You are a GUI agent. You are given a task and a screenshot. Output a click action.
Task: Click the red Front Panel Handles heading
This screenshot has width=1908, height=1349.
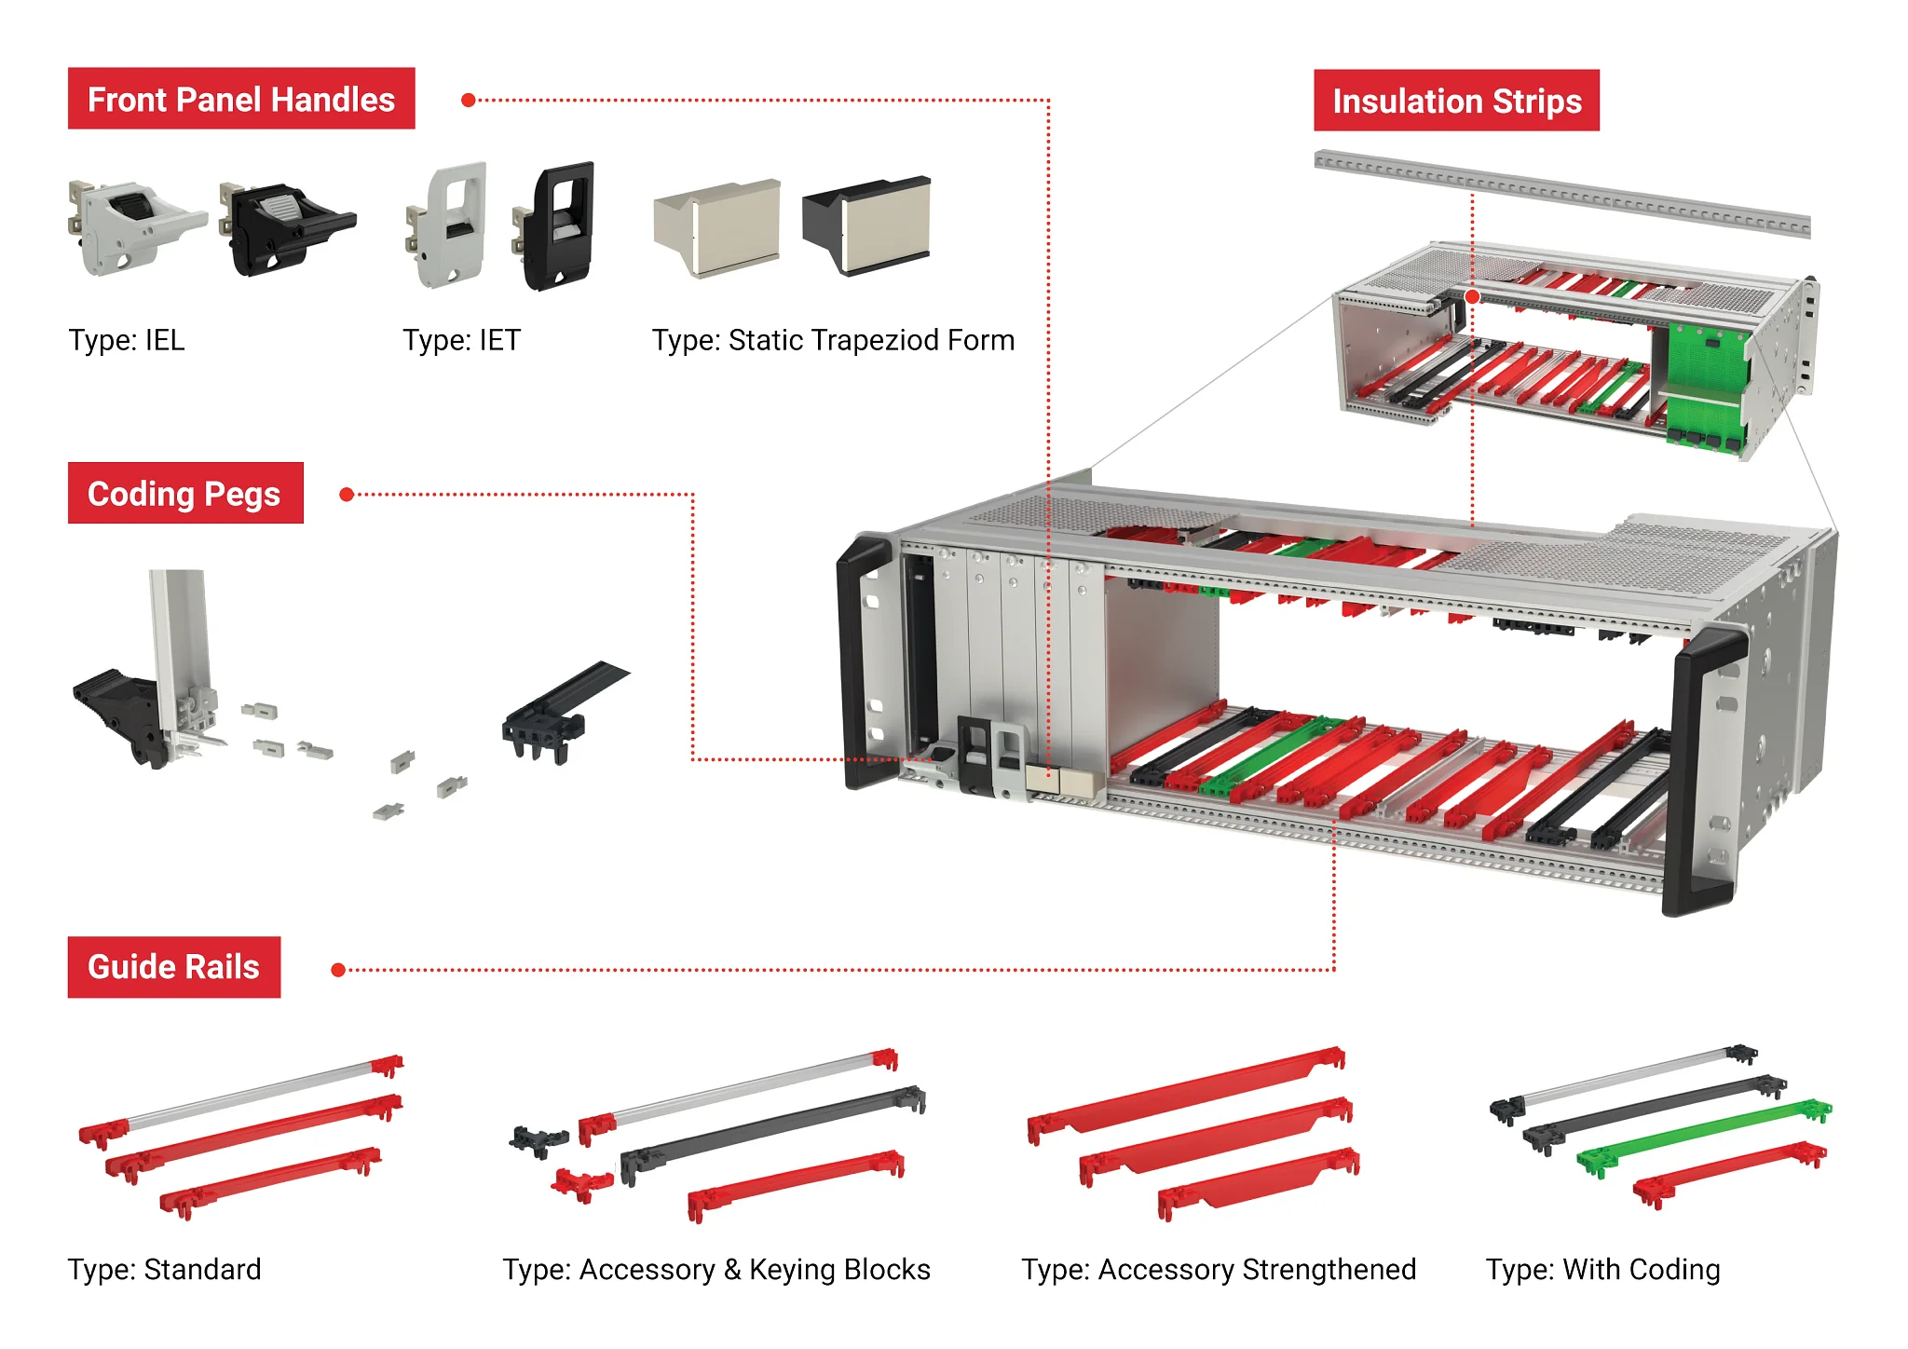pos(241,99)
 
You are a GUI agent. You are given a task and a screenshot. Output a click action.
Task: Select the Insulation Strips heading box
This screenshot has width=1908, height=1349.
pos(1456,101)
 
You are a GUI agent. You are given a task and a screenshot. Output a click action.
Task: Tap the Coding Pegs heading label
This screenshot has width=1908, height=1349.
pos(184,493)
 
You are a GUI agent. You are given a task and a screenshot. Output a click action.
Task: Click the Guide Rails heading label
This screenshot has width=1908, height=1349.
pos(173,967)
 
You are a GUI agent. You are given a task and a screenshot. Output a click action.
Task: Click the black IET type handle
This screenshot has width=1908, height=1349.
pos(559,226)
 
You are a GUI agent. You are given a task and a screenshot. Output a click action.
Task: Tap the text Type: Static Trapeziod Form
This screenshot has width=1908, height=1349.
pos(833,340)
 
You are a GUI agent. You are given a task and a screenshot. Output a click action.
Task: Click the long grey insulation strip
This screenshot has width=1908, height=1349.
pos(1561,195)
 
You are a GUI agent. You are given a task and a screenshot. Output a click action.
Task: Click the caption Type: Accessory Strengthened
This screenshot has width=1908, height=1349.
pos(1219,1269)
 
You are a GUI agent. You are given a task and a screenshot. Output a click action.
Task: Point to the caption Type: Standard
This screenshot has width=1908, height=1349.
pos(165,1269)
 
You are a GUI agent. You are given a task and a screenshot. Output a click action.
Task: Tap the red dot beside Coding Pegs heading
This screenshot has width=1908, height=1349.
pos(347,495)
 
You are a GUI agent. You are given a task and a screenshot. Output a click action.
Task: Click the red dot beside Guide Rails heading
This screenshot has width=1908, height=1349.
pos(338,970)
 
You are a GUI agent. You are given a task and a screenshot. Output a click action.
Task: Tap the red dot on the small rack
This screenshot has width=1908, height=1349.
pos(1472,296)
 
